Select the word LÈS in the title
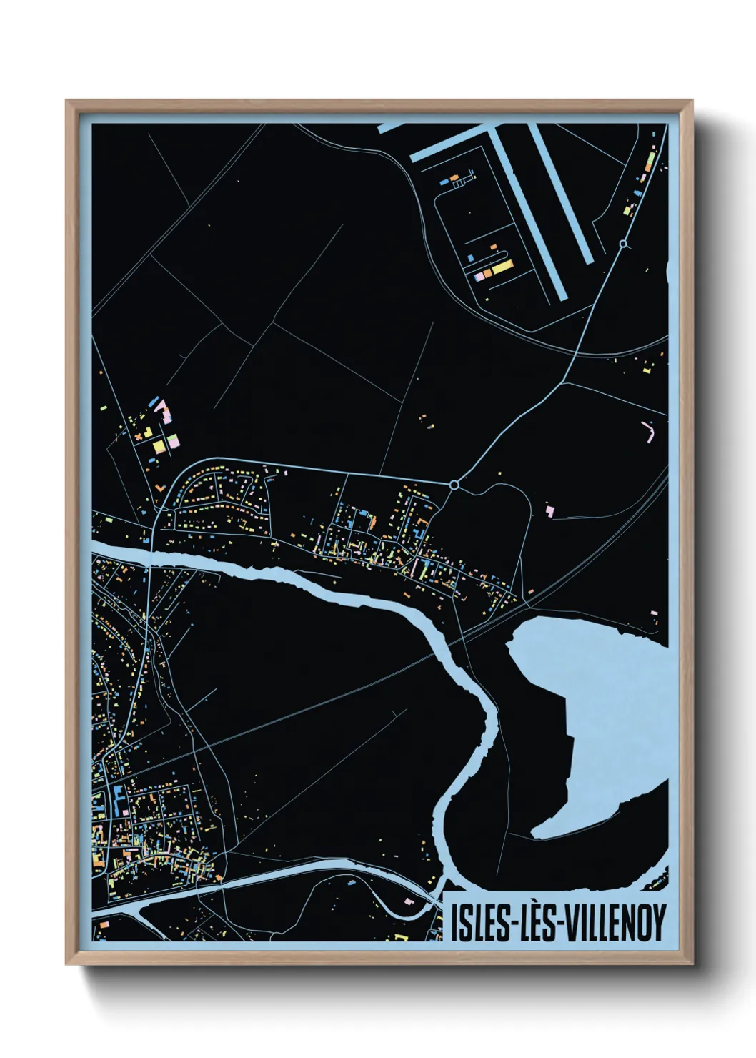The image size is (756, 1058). pyautogui.click(x=537, y=922)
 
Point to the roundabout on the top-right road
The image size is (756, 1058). pyautogui.click(x=623, y=244)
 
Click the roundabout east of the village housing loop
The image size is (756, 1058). pyautogui.click(x=454, y=485)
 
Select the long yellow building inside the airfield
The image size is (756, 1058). pyautogui.click(x=502, y=269)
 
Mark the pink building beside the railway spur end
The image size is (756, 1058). pyautogui.click(x=549, y=510)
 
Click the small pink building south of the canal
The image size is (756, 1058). pyautogui.click(x=409, y=901)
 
